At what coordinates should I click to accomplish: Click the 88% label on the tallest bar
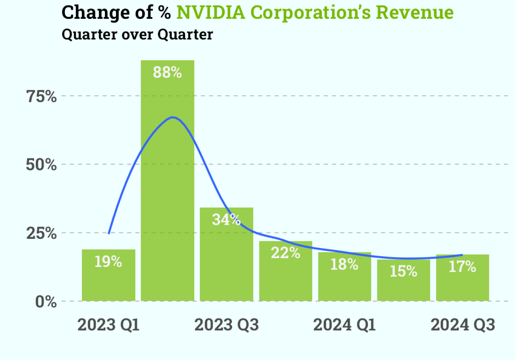(167, 72)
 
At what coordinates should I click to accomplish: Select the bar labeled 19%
(108, 280)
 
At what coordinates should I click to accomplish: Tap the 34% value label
(226, 219)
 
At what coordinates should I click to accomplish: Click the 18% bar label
(344, 264)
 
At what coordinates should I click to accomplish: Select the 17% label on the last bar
(462, 266)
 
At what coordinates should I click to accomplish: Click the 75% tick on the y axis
(41, 96)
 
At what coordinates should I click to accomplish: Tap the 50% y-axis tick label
(41, 165)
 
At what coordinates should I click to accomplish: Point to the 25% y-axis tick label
(41, 233)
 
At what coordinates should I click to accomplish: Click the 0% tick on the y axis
(46, 302)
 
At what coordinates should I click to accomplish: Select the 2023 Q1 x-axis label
(108, 325)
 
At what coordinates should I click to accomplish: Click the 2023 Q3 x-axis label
(226, 325)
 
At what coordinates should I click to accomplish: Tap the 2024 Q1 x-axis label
(344, 325)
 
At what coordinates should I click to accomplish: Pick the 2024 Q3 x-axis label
(463, 325)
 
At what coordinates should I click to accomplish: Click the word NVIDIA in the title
(211, 13)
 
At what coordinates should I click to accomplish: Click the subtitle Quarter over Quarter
(137, 34)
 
